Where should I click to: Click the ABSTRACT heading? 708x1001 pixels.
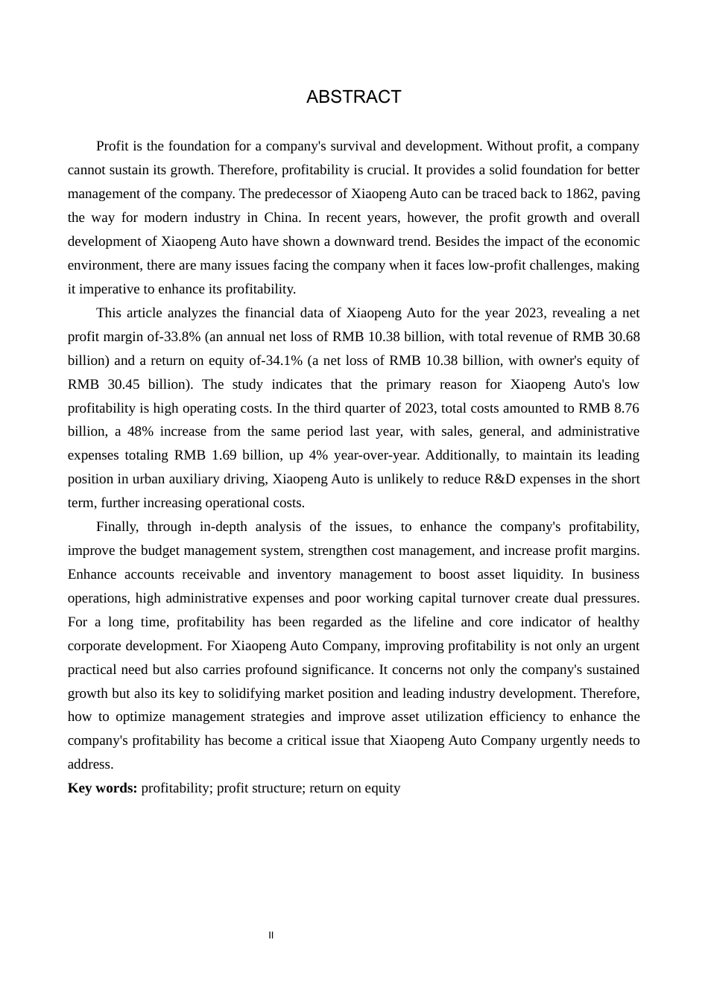[x=353, y=98]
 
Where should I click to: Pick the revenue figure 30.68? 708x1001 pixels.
[x=623, y=337]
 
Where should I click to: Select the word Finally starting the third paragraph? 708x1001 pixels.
[x=116, y=527]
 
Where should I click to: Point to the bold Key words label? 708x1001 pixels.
[x=102, y=788]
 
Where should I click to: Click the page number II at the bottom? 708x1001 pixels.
[x=271, y=935]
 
